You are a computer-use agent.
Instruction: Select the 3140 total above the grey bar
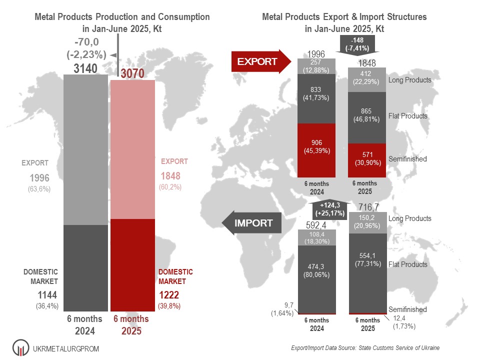click(85, 69)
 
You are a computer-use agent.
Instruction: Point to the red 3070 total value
click(132, 74)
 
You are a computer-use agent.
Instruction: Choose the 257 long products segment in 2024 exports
click(316, 66)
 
